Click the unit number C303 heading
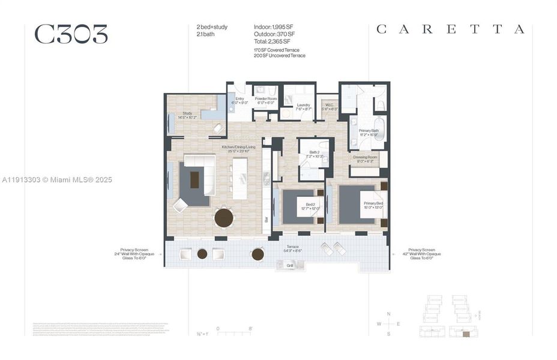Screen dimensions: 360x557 [x=71, y=35]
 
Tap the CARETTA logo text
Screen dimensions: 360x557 [x=450, y=29]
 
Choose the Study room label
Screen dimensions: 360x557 [x=187, y=115]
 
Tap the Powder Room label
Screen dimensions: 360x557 [x=265, y=100]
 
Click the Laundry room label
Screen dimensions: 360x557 [x=304, y=107]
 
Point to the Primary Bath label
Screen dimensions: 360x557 [x=369, y=132]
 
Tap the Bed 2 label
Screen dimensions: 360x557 [x=310, y=206]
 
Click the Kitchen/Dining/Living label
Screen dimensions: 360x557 [x=238, y=149]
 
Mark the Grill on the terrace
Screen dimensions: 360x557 [x=289, y=265]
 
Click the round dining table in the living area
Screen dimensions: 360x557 [x=224, y=217]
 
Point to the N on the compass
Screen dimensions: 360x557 [x=389, y=314]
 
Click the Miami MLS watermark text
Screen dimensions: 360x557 [x=56, y=179]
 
